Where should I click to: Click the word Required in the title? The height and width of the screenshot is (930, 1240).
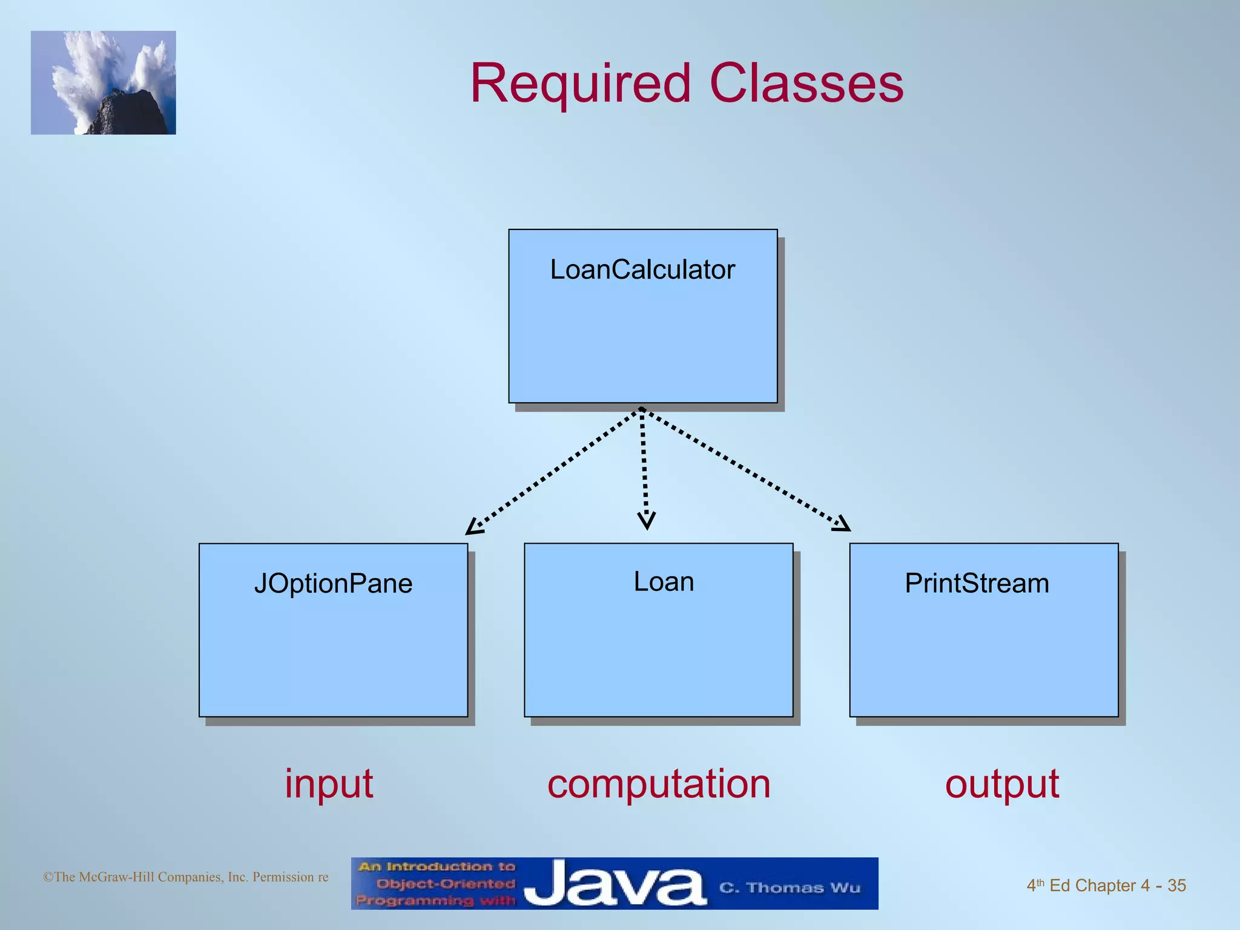point(580,85)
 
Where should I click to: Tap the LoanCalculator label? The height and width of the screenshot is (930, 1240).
point(642,270)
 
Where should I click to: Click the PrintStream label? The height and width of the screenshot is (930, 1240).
point(977,584)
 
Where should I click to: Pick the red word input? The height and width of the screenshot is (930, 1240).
point(329,785)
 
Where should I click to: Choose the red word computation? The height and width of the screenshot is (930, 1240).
point(659,783)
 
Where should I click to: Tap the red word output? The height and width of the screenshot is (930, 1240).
point(1002,785)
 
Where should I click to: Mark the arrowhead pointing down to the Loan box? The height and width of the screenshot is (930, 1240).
point(647,521)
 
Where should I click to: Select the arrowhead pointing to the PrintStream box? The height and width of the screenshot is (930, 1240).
point(842,524)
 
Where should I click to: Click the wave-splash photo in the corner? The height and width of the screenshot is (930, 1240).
point(104,82)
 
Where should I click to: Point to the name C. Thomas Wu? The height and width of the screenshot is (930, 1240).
point(790,888)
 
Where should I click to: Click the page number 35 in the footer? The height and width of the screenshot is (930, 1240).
point(1176,886)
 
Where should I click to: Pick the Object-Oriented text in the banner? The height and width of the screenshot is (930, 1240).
point(446,884)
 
